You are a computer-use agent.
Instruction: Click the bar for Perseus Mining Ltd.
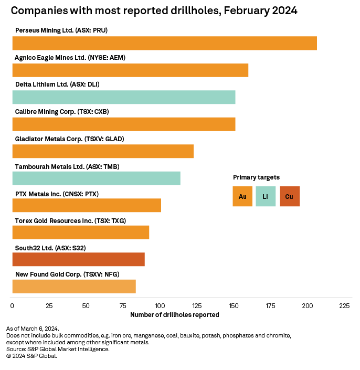(x=164, y=43)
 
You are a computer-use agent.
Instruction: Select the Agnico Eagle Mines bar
(x=130, y=70)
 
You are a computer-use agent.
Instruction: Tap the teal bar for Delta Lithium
(x=123, y=97)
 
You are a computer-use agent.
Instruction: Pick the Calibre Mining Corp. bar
(x=123, y=124)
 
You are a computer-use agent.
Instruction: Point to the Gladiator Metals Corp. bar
(x=103, y=151)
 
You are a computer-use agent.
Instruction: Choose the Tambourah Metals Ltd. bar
(x=96, y=178)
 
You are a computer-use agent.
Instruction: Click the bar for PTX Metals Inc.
(x=87, y=205)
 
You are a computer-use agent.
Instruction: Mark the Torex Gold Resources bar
(x=80, y=232)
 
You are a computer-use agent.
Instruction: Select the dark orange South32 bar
(x=78, y=259)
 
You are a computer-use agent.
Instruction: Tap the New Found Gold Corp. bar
(x=74, y=287)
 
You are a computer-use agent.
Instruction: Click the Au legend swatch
(x=242, y=196)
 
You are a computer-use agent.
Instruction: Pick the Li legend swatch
(x=266, y=196)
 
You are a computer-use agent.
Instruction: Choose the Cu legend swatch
(x=290, y=196)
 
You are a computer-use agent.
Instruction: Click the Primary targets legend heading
(x=256, y=177)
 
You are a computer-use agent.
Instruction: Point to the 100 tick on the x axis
(x=160, y=305)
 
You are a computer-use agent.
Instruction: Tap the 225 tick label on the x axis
(x=344, y=305)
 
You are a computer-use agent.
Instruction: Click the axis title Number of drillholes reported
(x=174, y=315)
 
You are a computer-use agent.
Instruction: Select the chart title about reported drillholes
(x=154, y=11)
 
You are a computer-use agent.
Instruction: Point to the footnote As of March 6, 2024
(x=33, y=329)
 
